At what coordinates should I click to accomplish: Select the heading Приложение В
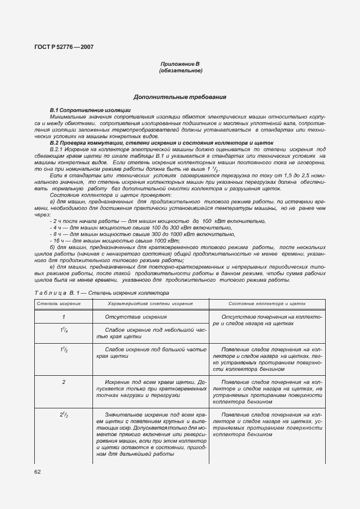click(180, 64)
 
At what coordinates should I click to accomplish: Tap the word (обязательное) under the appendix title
click(180, 71)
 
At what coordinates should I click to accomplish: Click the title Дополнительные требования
click(180, 97)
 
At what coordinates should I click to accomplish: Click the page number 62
click(38, 471)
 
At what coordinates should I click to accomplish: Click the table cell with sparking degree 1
click(64, 316)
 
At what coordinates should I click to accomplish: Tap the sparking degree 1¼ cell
click(64, 330)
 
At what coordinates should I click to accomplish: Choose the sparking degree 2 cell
click(64, 382)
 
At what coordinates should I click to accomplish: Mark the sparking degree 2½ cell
click(64, 415)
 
